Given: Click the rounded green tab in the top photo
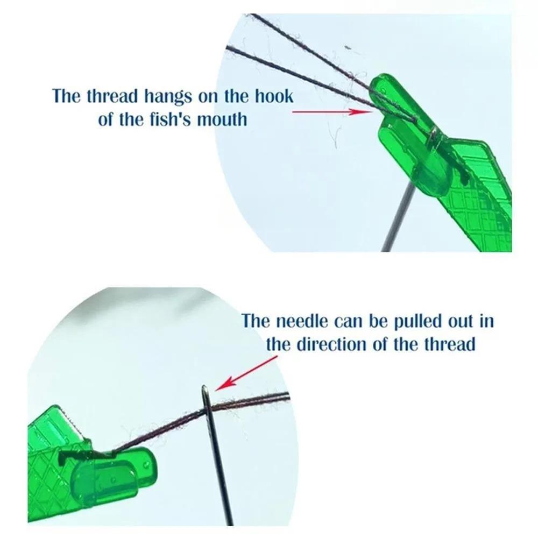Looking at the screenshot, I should click(425, 172).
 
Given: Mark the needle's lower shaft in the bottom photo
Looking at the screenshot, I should click(223, 484).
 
